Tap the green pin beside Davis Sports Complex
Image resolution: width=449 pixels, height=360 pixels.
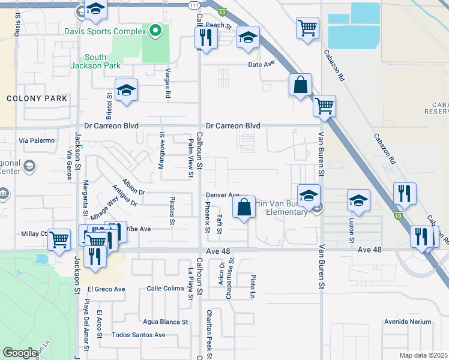(x=155, y=31)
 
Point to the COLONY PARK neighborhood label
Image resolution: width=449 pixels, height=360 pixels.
(x=28, y=98)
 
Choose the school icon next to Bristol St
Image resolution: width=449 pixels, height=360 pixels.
(x=126, y=91)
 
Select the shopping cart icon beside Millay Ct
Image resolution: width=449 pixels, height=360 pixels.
(x=59, y=241)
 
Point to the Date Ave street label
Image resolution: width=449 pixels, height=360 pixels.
(x=261, y=65)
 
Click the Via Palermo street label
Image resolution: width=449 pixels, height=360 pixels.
(x=37, y=141)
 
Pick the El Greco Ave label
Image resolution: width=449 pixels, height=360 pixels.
(x=106, y=289)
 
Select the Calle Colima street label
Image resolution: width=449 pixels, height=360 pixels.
(x=165, y=289)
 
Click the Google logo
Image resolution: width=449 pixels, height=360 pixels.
(x=20, y=353)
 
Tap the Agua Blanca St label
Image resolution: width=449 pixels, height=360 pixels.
(x=165, y=322)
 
